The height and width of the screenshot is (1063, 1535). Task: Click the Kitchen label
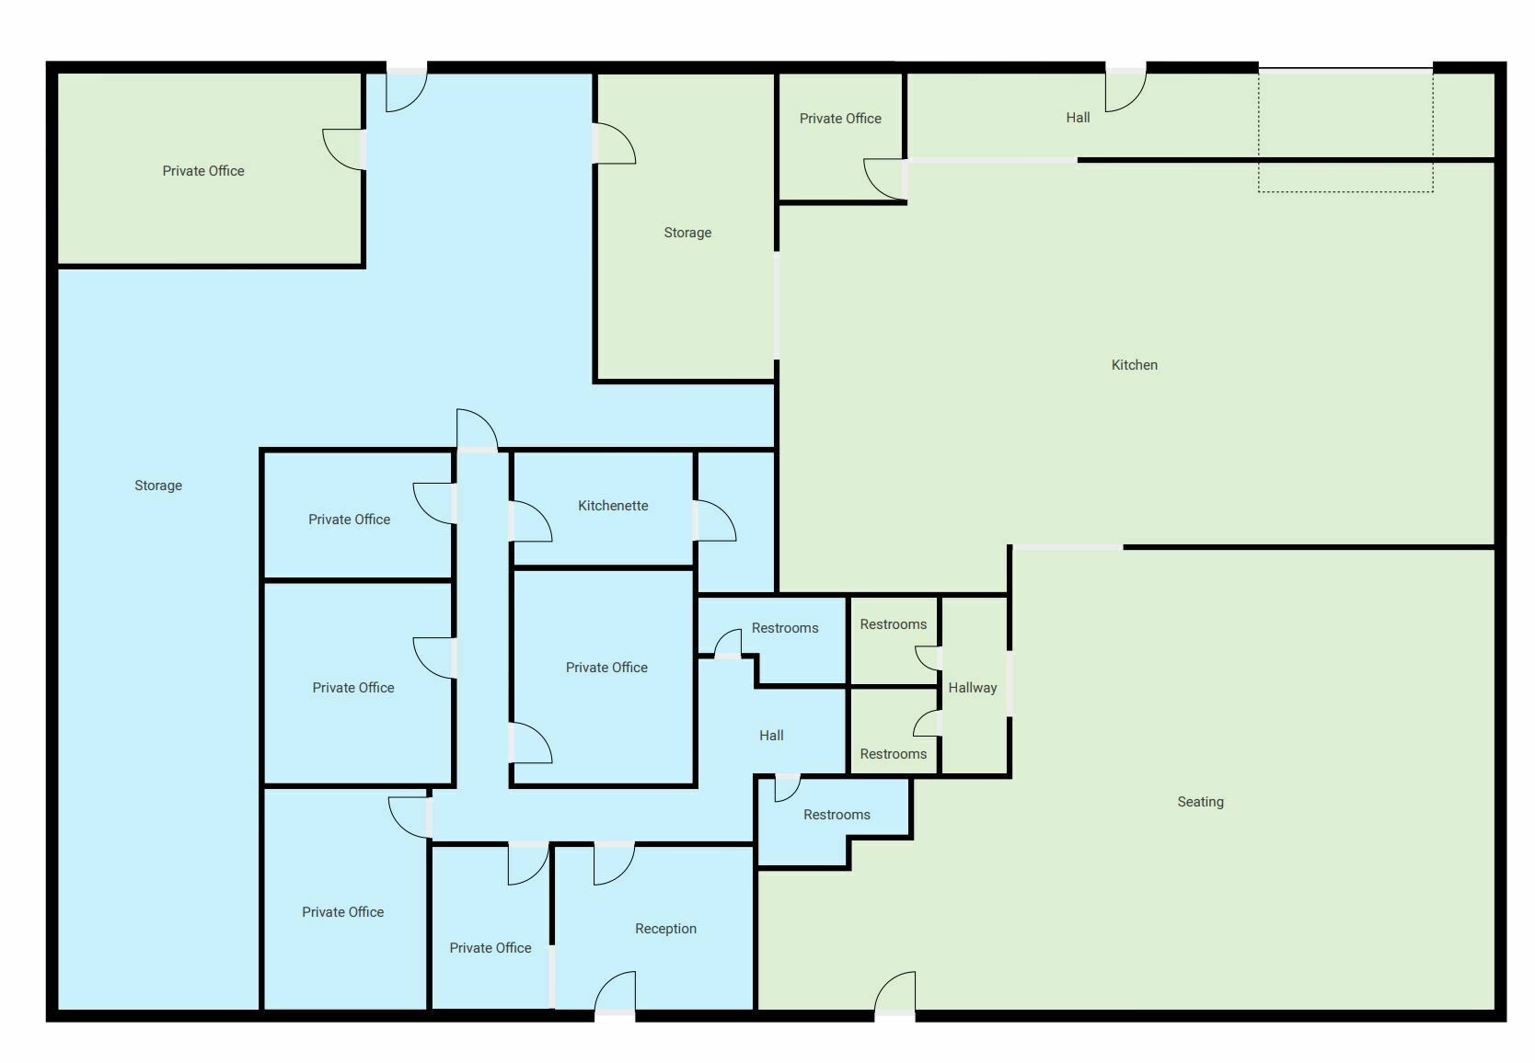1134,365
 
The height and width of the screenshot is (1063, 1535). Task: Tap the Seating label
1200,802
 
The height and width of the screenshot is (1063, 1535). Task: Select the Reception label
665,929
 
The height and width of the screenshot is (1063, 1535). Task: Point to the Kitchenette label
613,506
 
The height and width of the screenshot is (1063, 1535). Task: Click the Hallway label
973,688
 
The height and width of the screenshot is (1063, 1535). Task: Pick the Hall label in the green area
1078,118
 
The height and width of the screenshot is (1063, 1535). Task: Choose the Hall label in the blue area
771,736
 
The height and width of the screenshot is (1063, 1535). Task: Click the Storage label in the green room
687,233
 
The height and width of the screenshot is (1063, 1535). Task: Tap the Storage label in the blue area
158,486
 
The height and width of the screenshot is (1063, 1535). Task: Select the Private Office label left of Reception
490,948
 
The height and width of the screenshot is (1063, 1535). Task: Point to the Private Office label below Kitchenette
606,667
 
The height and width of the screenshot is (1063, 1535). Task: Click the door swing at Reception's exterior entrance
615,991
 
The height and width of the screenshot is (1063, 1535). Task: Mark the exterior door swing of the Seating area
894,991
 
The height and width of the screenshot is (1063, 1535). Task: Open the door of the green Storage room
615,143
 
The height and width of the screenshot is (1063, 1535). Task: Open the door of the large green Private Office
342,149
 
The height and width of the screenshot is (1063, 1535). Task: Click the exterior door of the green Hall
1125,91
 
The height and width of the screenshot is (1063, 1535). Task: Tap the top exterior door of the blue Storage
407,91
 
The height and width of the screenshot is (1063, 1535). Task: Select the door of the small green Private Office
884,179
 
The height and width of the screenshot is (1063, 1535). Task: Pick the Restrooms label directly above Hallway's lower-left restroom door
893,624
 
